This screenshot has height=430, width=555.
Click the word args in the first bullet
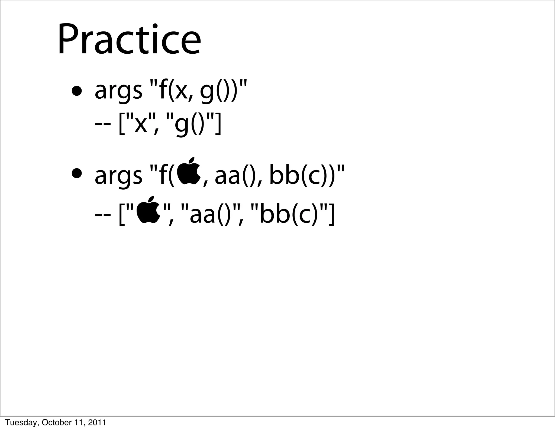pos(118,92)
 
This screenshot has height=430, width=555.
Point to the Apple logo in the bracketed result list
pos(149,210)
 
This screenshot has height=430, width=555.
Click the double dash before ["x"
pos(103,125)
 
